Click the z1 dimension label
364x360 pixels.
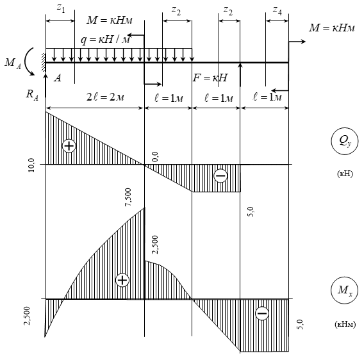click(x=61, y=8)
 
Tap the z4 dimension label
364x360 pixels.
click(x=277, y=11)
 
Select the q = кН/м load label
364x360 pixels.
click(x=105, y=40)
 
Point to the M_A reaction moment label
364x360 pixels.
click(x=13, y=63)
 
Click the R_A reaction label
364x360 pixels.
click(x=32, y=95)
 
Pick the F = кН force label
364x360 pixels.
click(x=210, y=78)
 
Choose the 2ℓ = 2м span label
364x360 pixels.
click(x=105, y=97)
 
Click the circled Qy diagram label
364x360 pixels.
click(x=345, y=141)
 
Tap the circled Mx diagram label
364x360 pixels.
click(x=345, y=290)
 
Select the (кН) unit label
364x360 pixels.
click(x=345, y=174)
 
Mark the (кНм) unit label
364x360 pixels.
click(x=345, y=323)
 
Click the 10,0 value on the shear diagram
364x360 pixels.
click(x=31, y=165)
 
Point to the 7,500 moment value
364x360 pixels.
click(x=128, y=197)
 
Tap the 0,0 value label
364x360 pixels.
click(x=155, y=157)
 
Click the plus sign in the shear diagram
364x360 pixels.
click(x=69, y=146)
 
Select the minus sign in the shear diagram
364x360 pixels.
click(x=220, y=176)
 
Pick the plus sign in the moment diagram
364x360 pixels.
click(x=122, y=280)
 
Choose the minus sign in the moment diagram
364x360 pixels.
click(x=262, y=313)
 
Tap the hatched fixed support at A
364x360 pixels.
click(x=44, y=62)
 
